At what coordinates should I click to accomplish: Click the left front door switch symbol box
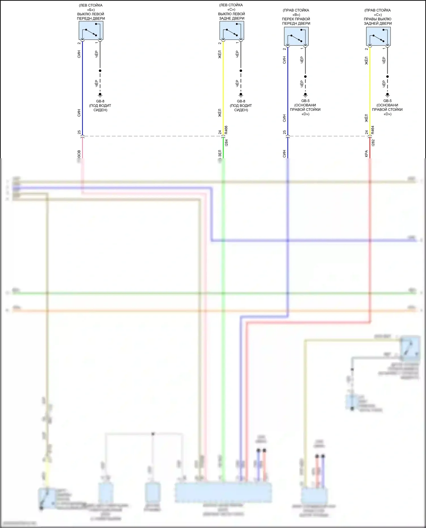[x=91, y=31]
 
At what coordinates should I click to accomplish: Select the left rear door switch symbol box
[x=232, y=31]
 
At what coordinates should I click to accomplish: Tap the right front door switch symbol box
[x=296, y=36]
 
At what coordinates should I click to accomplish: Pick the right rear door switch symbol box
[x=378, y=36]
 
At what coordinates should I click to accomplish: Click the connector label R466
[x=226, y=130]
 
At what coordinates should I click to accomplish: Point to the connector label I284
[x=226, y=143]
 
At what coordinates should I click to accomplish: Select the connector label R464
[x=373, y=130]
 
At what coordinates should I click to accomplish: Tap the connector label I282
[x=373, y=143]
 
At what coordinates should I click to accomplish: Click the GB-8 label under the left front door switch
[x=100, y=101]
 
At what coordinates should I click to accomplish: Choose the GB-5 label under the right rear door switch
[x=387, y=101]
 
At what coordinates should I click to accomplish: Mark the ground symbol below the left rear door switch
[x=241, y=95]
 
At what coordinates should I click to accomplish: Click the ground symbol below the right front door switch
[x=305, y=95]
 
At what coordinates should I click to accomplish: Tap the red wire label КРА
[x=366, y=153]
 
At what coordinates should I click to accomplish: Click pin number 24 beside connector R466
[x=220, y=132]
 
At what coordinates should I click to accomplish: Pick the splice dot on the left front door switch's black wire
[x=100, y=71]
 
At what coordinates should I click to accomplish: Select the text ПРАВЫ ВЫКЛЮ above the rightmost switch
[x=377, y=19]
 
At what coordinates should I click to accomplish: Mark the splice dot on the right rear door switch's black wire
[x=387, y=77]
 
